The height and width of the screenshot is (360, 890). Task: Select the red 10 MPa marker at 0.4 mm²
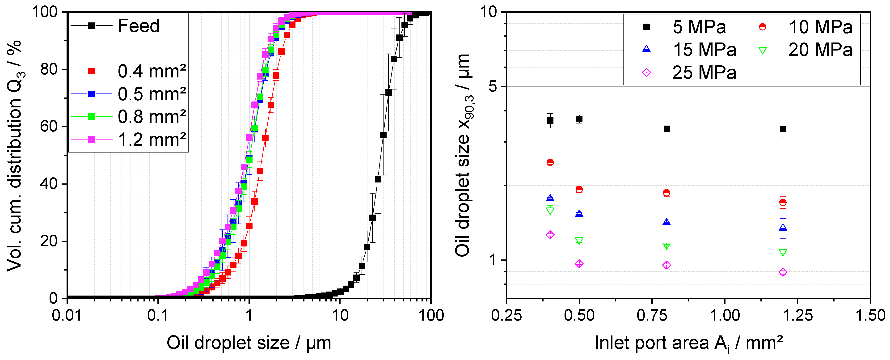coord(550,162)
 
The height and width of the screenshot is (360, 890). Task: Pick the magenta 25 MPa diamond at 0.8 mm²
coord(666,265)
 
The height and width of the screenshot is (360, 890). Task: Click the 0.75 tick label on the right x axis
coord(652,315)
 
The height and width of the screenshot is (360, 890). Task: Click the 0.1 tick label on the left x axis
coord(158,315)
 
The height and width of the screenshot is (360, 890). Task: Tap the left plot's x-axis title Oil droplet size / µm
coord(249,343)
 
